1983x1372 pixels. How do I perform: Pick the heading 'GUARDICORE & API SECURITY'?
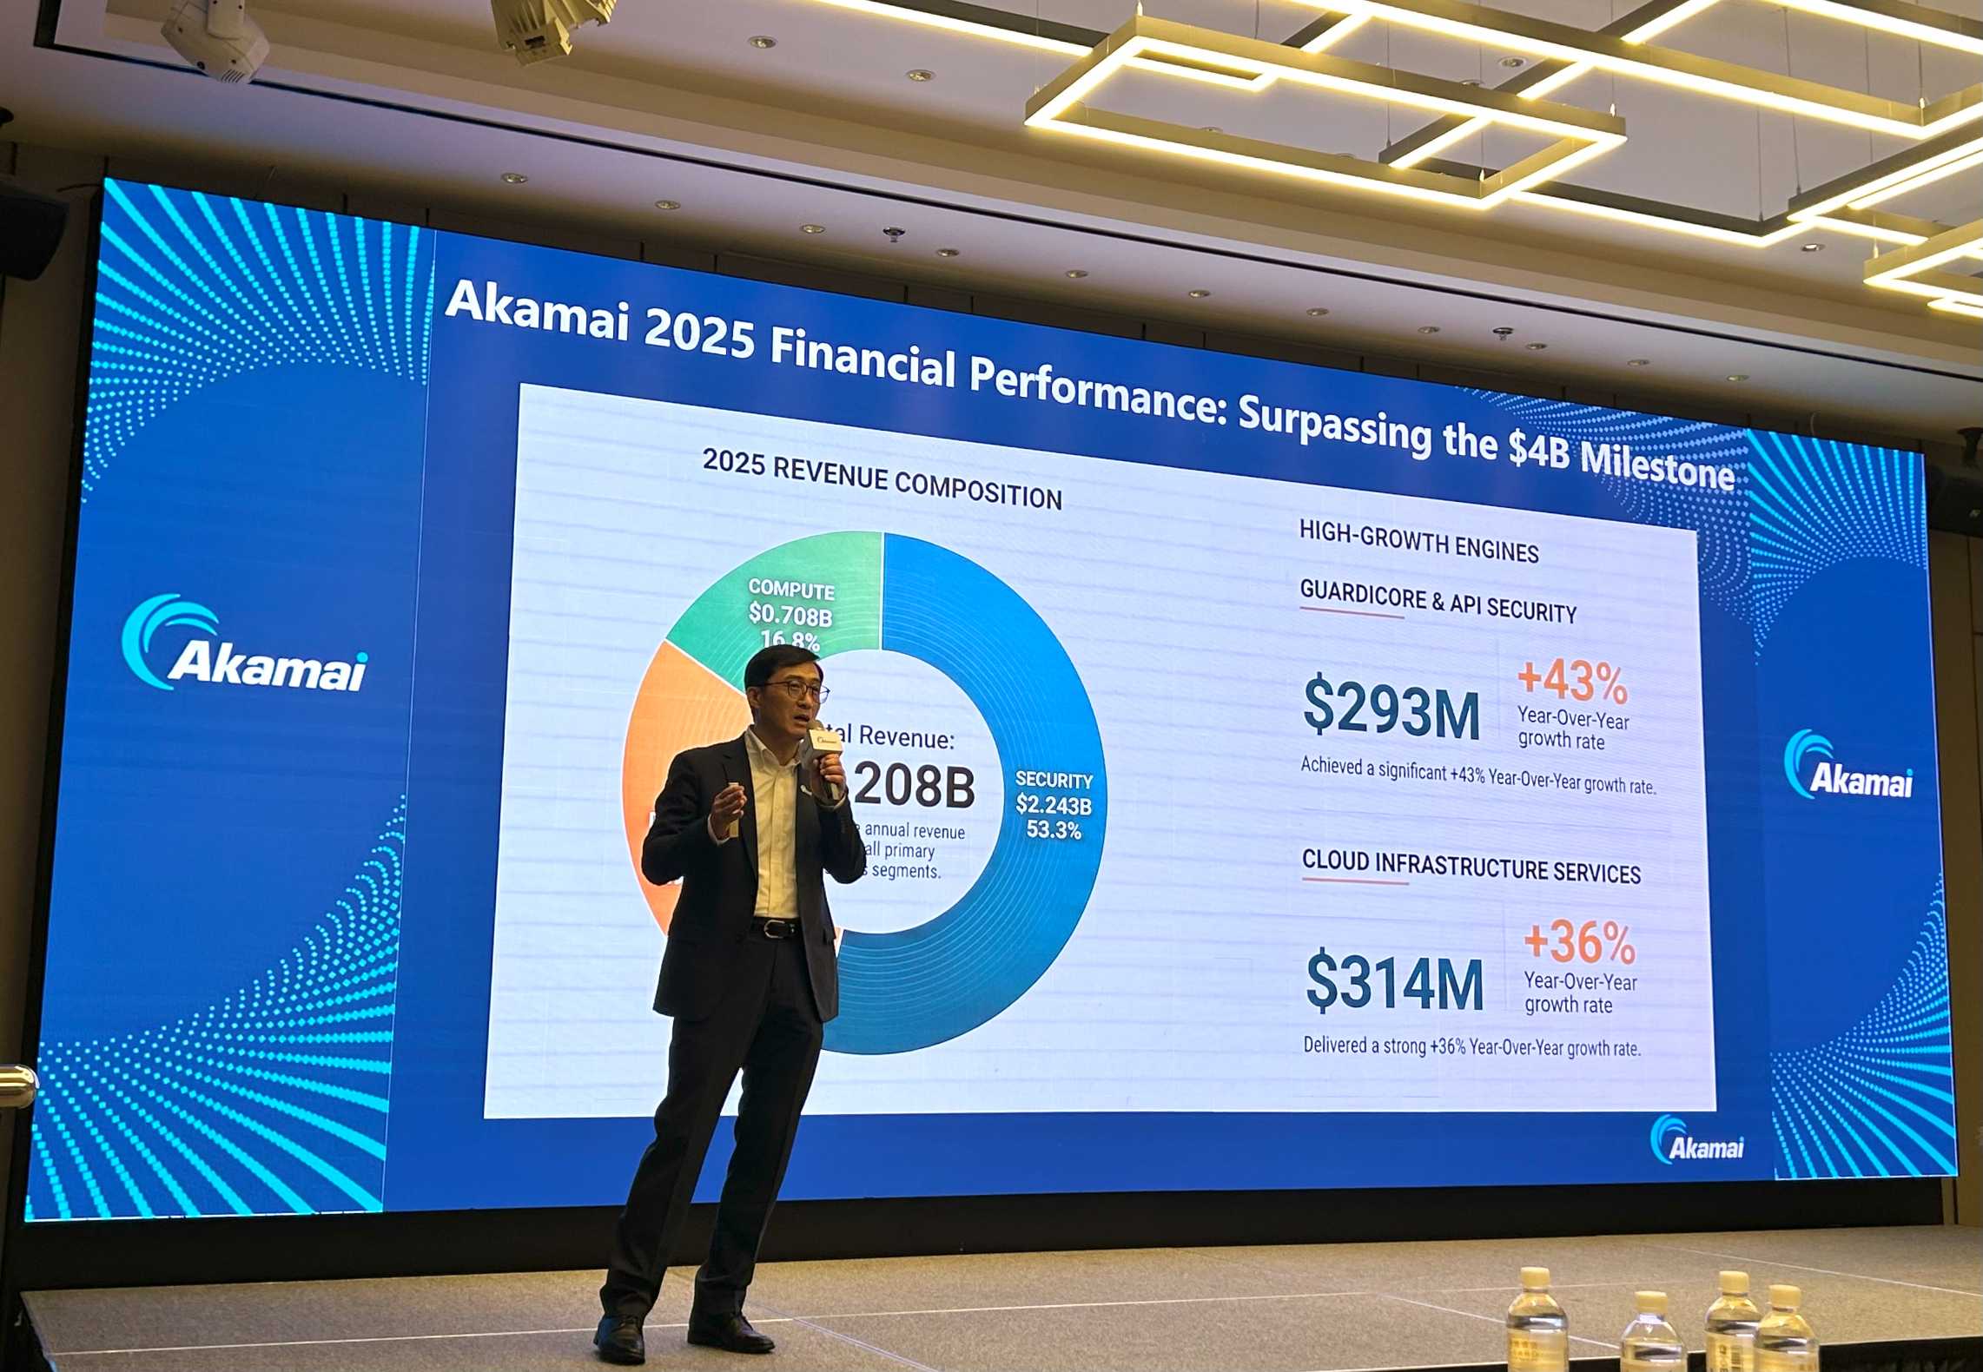pyautogui.click(x=1438, y=602)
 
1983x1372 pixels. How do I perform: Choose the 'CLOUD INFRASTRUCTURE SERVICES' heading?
pyautogui.click(x=1471, y=867)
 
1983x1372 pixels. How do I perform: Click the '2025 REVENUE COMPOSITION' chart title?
pyautogui.click(x=882, y=479)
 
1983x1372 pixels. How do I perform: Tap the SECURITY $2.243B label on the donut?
pyautogui.click(x=1054, y=805)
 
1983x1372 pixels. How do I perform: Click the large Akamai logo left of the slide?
pyautogui.click(x=246, y=645)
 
